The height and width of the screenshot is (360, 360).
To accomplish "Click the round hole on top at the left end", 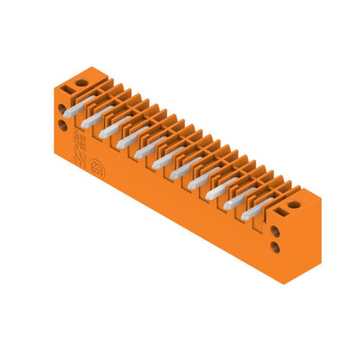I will click(x=81, y=83).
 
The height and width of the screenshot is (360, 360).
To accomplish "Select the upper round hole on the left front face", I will click(x=61, y=109).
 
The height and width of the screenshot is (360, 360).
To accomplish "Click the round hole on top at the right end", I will click(x=293, y=205).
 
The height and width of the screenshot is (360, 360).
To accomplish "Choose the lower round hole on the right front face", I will click(x=275, y=247).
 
